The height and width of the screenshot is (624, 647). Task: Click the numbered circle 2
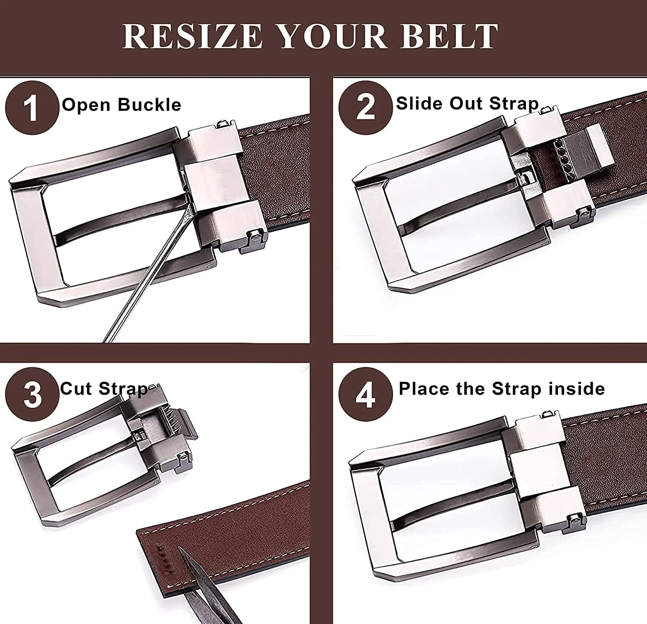point(366,106)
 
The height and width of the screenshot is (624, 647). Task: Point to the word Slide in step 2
point(421,103)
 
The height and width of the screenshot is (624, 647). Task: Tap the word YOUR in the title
point(331,36)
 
